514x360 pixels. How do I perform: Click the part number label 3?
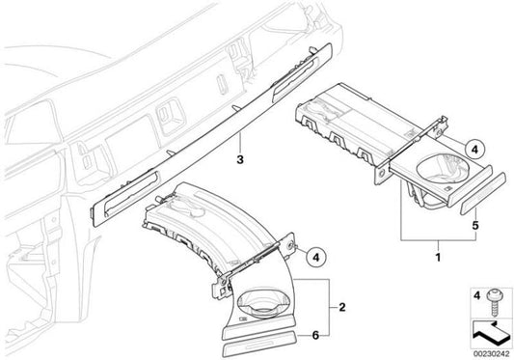(240, 160)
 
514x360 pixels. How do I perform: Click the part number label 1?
(438, 257)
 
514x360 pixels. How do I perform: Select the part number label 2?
(342, 308)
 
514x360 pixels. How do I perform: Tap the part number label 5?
(475, 226)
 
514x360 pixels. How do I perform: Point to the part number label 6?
(315, 335)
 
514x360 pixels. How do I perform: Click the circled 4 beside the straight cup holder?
(475, 150)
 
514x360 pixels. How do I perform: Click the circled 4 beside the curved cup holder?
(316, 257)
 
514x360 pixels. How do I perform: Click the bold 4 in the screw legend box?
(477, 295)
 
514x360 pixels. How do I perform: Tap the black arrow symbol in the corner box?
(491, 334)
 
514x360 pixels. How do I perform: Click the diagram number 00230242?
(492, 354)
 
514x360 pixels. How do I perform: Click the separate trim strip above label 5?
(483, 194)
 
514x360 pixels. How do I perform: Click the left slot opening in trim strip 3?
(130, 194)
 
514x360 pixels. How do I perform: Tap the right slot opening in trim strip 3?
(294, 78)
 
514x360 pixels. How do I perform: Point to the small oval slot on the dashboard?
(222, 85)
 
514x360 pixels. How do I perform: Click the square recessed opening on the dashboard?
(172, 116)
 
